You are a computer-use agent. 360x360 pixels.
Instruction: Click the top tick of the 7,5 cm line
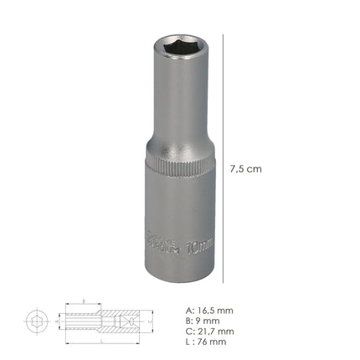pyautogui.click(x=225, y=35)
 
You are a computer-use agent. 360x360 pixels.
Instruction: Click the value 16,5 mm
pyautogui.click(x=218, y=310)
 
